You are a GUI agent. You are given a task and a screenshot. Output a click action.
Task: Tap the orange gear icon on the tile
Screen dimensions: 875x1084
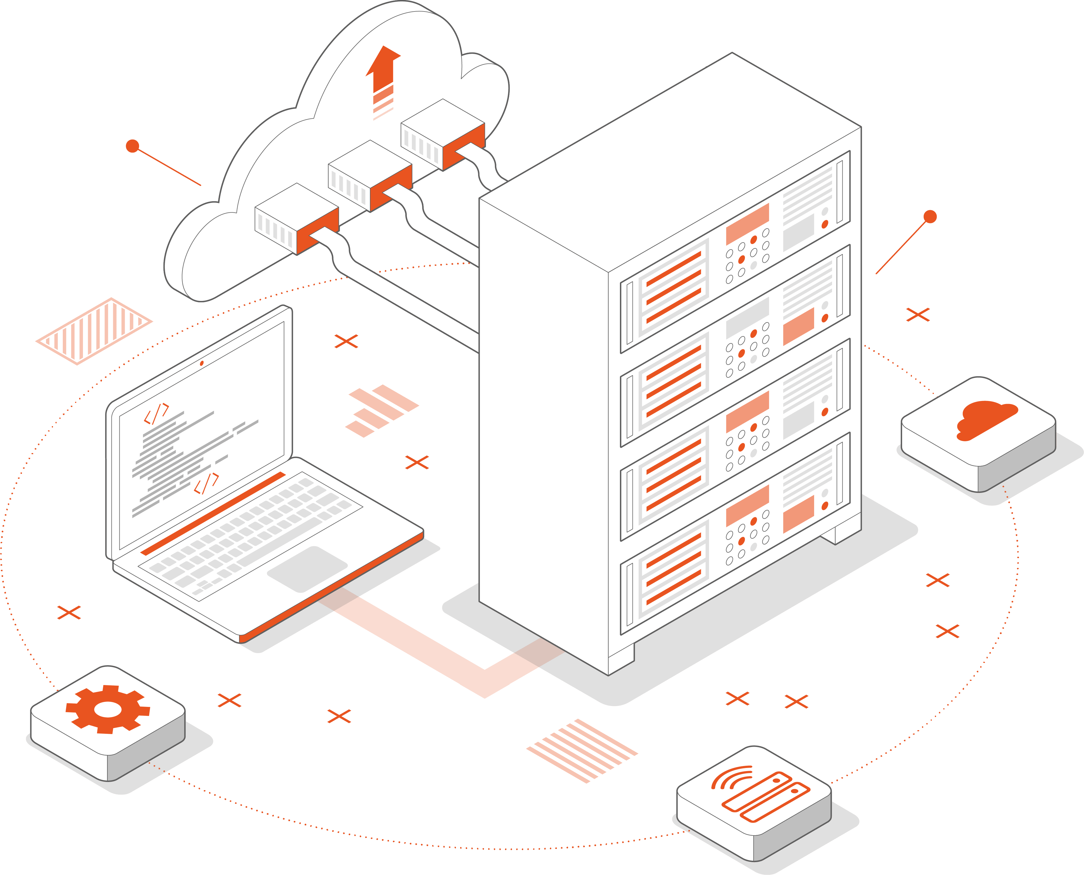point(108,709)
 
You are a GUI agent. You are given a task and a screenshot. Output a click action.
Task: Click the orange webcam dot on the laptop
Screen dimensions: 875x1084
point(202,363)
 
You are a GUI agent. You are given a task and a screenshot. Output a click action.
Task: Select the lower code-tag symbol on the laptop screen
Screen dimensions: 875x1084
point(207,483)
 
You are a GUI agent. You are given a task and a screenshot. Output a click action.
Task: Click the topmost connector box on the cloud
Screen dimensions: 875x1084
point(443,134)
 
